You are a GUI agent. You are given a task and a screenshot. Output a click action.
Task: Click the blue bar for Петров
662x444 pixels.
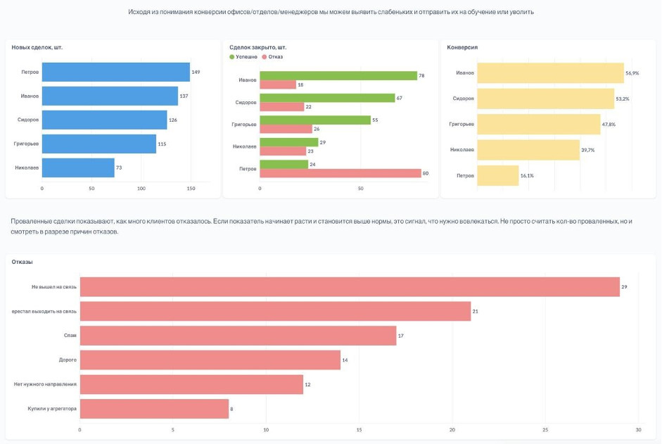point(116,72)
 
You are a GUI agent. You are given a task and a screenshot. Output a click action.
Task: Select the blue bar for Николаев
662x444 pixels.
point(78,167)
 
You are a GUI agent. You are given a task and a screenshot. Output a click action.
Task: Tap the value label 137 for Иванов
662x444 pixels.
point(184,96)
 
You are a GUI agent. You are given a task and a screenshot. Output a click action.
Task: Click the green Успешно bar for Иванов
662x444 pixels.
point(338,75)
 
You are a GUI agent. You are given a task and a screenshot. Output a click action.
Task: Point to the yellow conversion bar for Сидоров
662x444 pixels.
point(545,99)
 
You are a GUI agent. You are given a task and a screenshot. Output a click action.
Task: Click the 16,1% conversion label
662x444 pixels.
point(527,175)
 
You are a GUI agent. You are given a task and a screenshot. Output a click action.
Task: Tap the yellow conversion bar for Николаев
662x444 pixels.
point(528,150)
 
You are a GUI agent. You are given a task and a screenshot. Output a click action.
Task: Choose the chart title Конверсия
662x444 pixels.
point(462,47)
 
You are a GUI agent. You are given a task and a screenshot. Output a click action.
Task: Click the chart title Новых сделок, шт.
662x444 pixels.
point(37,47)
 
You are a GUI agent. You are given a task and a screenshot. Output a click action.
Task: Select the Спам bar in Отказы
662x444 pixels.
point(238,336)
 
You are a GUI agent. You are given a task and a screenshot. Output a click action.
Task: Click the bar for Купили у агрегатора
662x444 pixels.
point(154,409)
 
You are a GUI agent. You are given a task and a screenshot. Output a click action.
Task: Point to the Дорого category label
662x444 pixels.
point(68,360)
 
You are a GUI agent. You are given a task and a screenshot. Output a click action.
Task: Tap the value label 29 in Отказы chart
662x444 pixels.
point(624,287)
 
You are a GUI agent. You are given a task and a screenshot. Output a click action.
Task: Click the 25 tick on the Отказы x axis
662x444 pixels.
point(545,429)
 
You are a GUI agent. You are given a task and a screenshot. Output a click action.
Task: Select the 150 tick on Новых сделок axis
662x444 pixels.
point(191,189)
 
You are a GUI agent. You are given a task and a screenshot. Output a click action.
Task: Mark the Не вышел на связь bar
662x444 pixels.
point(350,287)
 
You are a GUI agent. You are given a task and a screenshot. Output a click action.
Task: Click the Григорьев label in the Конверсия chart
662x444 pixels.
point(462,124)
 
